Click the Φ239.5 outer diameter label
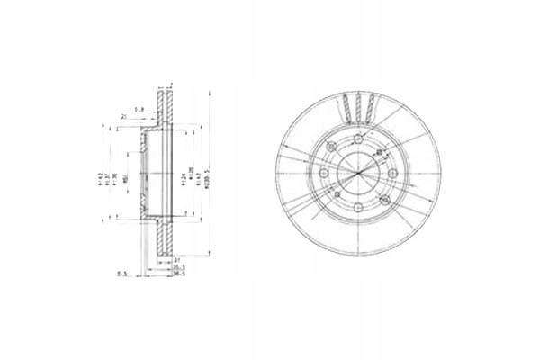(210, 166)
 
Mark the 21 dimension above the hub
(122, 117)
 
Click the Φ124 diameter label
(183, 166)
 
